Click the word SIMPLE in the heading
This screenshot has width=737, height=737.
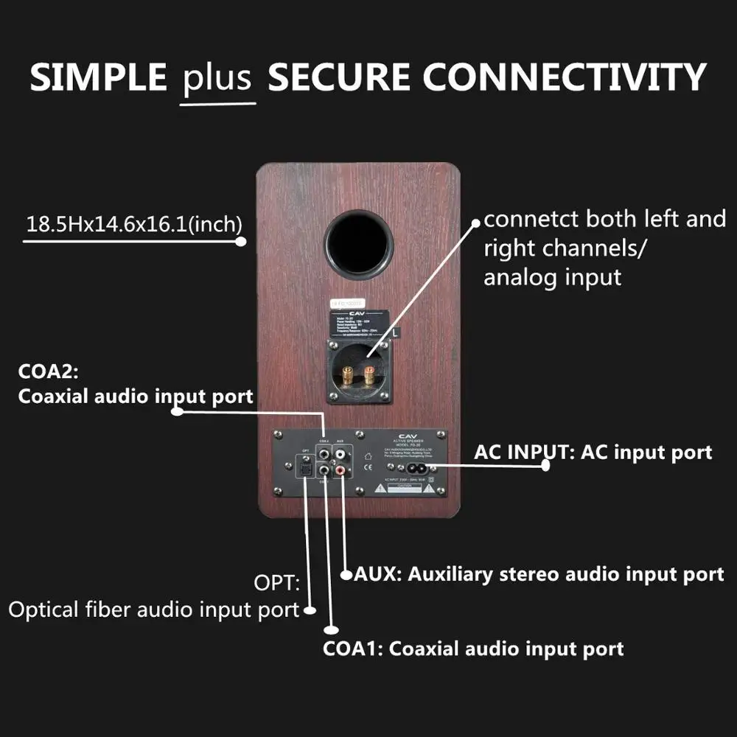click(x=99, y=77)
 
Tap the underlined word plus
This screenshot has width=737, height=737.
click(x=217, y=78)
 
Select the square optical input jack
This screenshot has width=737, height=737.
click(x=304, y=469)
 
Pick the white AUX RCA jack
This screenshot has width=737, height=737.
click(x=340, y=451)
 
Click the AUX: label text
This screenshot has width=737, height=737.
click(x=377, y=573)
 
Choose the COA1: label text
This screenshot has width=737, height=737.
click(x=353, y=649)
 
